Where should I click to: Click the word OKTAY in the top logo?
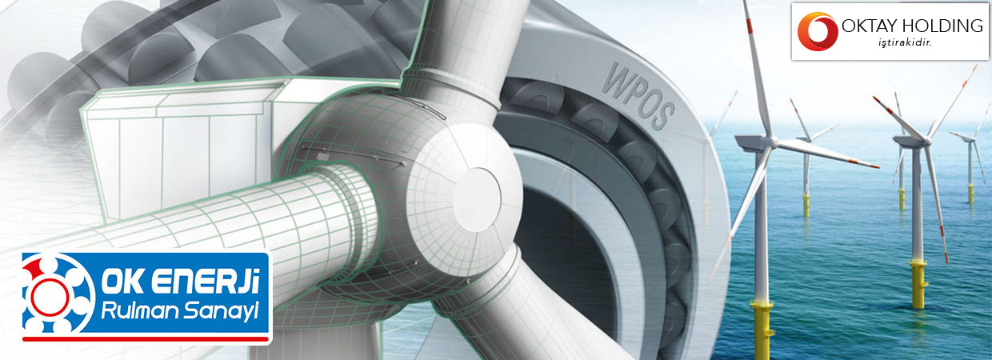point(869,26)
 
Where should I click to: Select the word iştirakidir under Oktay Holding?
point(906,43)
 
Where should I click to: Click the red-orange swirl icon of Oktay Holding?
point(818,31)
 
